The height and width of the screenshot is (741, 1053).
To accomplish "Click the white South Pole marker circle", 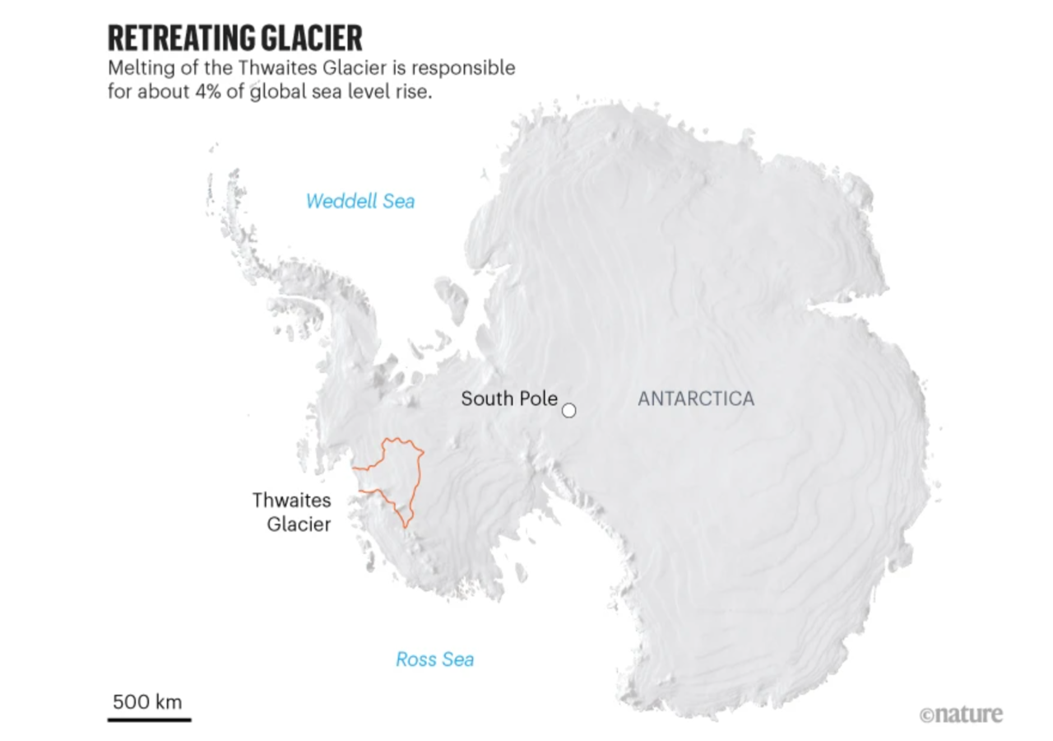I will [568, 410].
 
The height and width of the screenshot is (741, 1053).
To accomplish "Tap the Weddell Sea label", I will [360, 201].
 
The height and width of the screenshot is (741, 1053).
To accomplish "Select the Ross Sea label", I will [434, 659].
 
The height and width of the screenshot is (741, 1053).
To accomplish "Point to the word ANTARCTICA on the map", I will [696, 399].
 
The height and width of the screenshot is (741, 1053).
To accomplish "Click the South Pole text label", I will [508, 399].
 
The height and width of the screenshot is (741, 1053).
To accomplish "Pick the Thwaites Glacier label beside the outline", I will [292, 512].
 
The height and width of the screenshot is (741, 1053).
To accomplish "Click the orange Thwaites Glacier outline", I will [419, 478].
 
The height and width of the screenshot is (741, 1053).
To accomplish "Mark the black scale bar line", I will [149, 720].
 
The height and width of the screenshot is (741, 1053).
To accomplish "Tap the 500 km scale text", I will [147, 702].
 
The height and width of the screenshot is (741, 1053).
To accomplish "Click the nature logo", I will [961, 714].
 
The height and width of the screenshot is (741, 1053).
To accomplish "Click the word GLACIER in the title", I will [319, 39].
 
